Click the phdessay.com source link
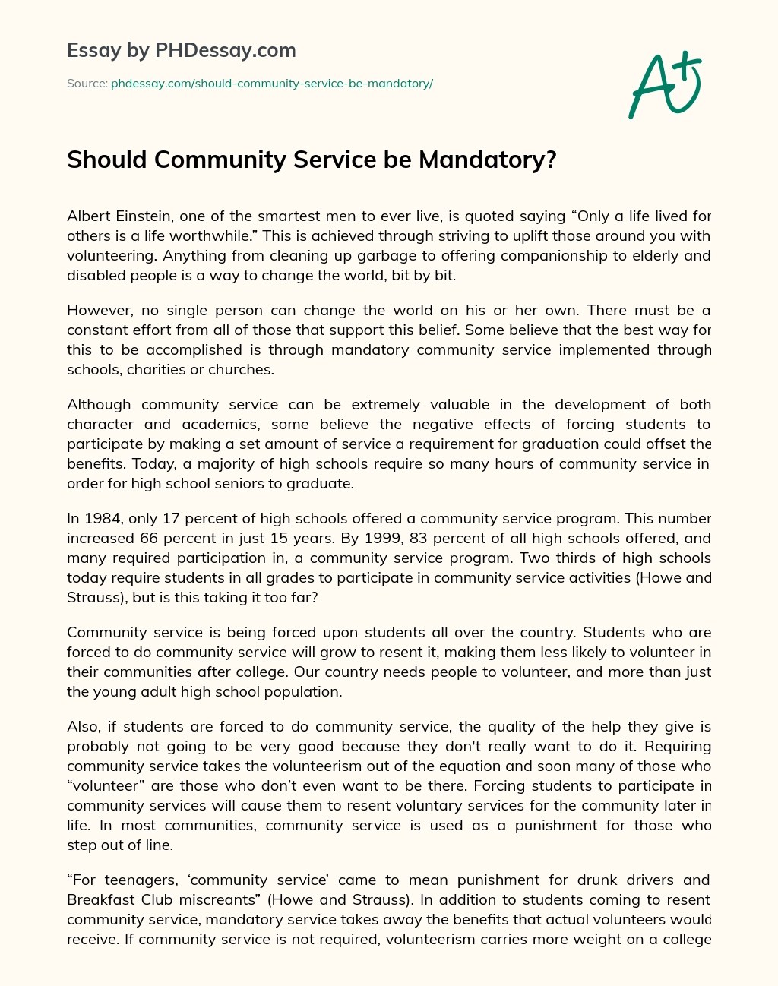pyautogui.click(x=271, y=84)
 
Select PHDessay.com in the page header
pyautogui.click(x=225, y=50)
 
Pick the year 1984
pyautogui.click(x=102, y=519)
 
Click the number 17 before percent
pyautogui.click(x=172, y=519)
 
